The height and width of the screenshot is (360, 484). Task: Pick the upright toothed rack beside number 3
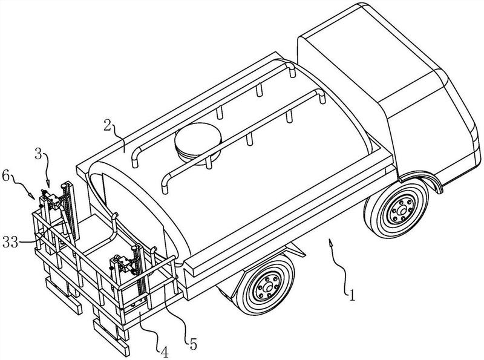pos(68,209)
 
